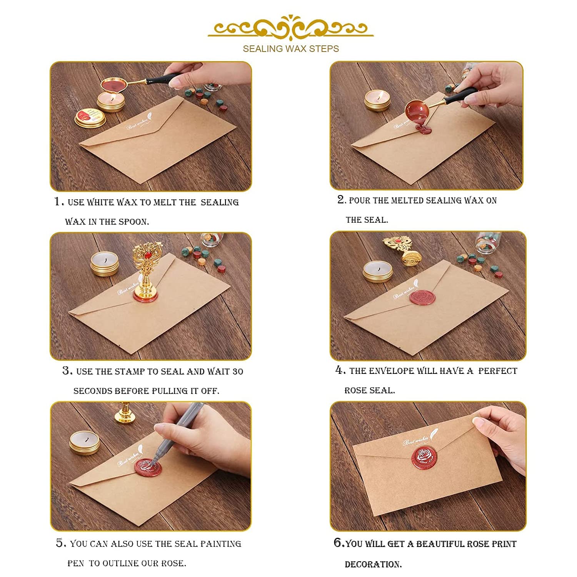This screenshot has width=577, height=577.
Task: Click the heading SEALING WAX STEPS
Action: (x=291, y=49)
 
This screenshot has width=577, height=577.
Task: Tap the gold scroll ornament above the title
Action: (x=291, y=27)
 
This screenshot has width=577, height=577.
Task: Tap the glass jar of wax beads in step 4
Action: (x=487, y=242)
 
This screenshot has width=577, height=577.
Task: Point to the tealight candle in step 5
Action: (x=85, y=442)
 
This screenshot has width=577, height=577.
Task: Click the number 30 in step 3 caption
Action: (x=237, y=372)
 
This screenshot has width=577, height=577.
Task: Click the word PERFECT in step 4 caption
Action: (x=498, y=371)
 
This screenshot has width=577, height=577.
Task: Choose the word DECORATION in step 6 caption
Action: (x=373, y=564)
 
